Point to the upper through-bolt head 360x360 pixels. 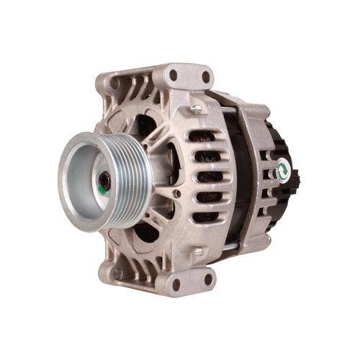point(196,109)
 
